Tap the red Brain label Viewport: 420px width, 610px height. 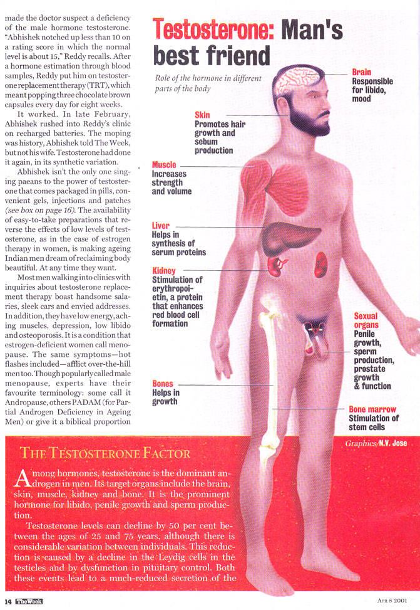(362, 73)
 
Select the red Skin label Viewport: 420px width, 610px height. (202, 115)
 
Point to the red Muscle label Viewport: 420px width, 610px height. (164, 166)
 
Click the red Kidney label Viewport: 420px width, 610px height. (163, 271)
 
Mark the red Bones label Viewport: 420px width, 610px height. (163, 384)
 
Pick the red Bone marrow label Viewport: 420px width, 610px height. (372, 409)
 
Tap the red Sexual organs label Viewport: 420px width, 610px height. (366, 321)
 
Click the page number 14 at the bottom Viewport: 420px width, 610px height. (8, 601)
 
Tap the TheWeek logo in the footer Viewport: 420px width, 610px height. (29, 601)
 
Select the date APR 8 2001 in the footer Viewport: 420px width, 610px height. (392, 601)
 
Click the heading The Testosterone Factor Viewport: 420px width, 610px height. (105, 452)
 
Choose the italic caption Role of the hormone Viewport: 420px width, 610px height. (208, 83)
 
